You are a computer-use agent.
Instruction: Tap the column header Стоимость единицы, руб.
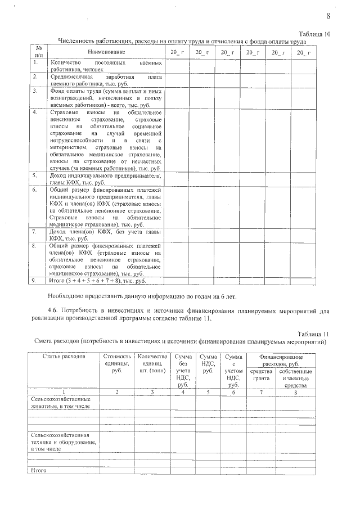117,363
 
